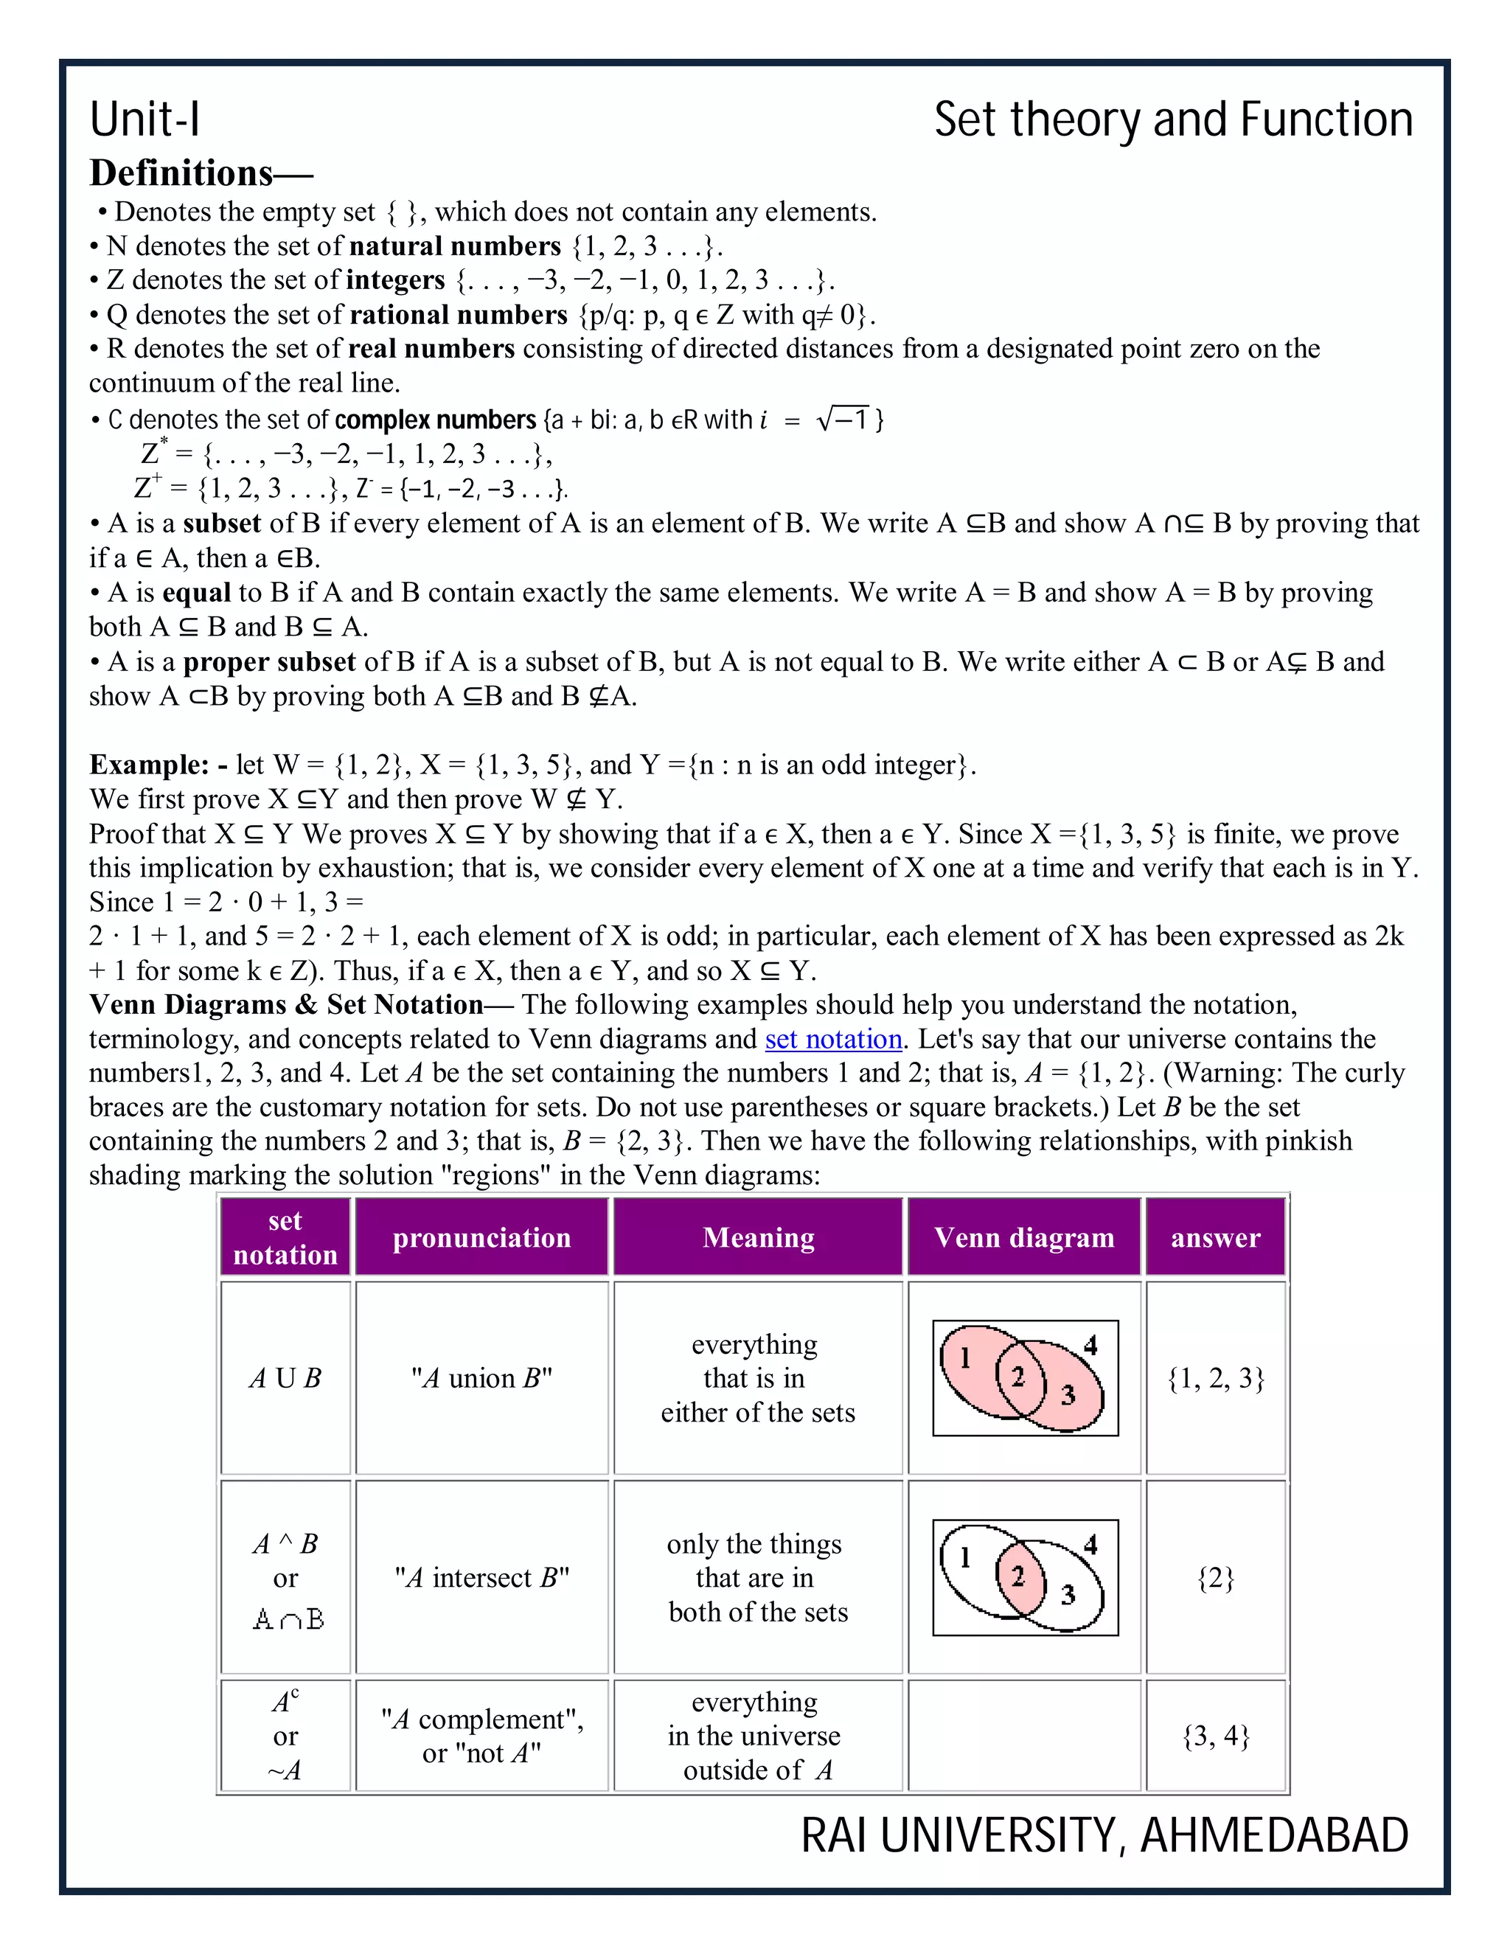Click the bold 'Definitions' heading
point(181,173)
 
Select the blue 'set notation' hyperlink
point(833,1039)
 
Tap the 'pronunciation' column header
point(481,1237)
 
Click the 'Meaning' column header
point(758,1237)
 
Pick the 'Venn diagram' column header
point(1024,1237)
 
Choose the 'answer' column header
point(1215,1237)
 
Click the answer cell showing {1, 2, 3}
point(1215,1379)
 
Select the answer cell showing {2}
point(1215,1577)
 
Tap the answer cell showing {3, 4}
point(1215,1736)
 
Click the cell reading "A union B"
point(481,1379)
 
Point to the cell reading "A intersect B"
point(481,1577)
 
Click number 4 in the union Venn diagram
point(1090,1346)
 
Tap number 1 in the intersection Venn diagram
point(965,1557)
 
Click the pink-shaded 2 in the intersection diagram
point(1017,1576)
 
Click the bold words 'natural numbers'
point(454,246)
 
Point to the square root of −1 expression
point(843,419)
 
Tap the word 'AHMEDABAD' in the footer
point(1274,1836)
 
